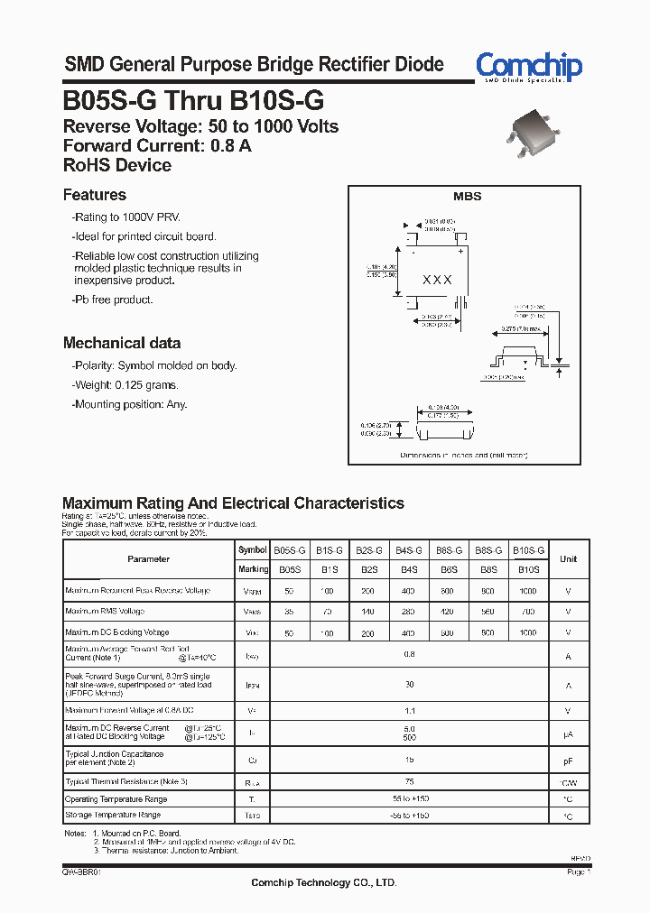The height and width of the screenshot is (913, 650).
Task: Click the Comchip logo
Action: (529, 67)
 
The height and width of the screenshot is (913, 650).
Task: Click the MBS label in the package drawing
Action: (467, 196)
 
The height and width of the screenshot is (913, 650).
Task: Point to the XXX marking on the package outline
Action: (438, 281)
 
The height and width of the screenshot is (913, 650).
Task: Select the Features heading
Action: (95, 195)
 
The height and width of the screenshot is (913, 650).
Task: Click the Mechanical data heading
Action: (122, 343)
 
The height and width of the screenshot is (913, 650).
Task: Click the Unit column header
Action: (568, 559)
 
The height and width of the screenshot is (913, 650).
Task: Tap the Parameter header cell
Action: (148, 559)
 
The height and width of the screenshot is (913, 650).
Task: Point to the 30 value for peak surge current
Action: (410, 685)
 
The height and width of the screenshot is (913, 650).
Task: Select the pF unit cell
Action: (568, 761)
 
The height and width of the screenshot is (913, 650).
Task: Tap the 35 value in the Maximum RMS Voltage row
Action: (289, 612)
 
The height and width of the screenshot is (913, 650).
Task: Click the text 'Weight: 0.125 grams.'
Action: (127, 385)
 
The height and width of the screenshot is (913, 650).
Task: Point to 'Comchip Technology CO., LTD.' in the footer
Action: (323, 882)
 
